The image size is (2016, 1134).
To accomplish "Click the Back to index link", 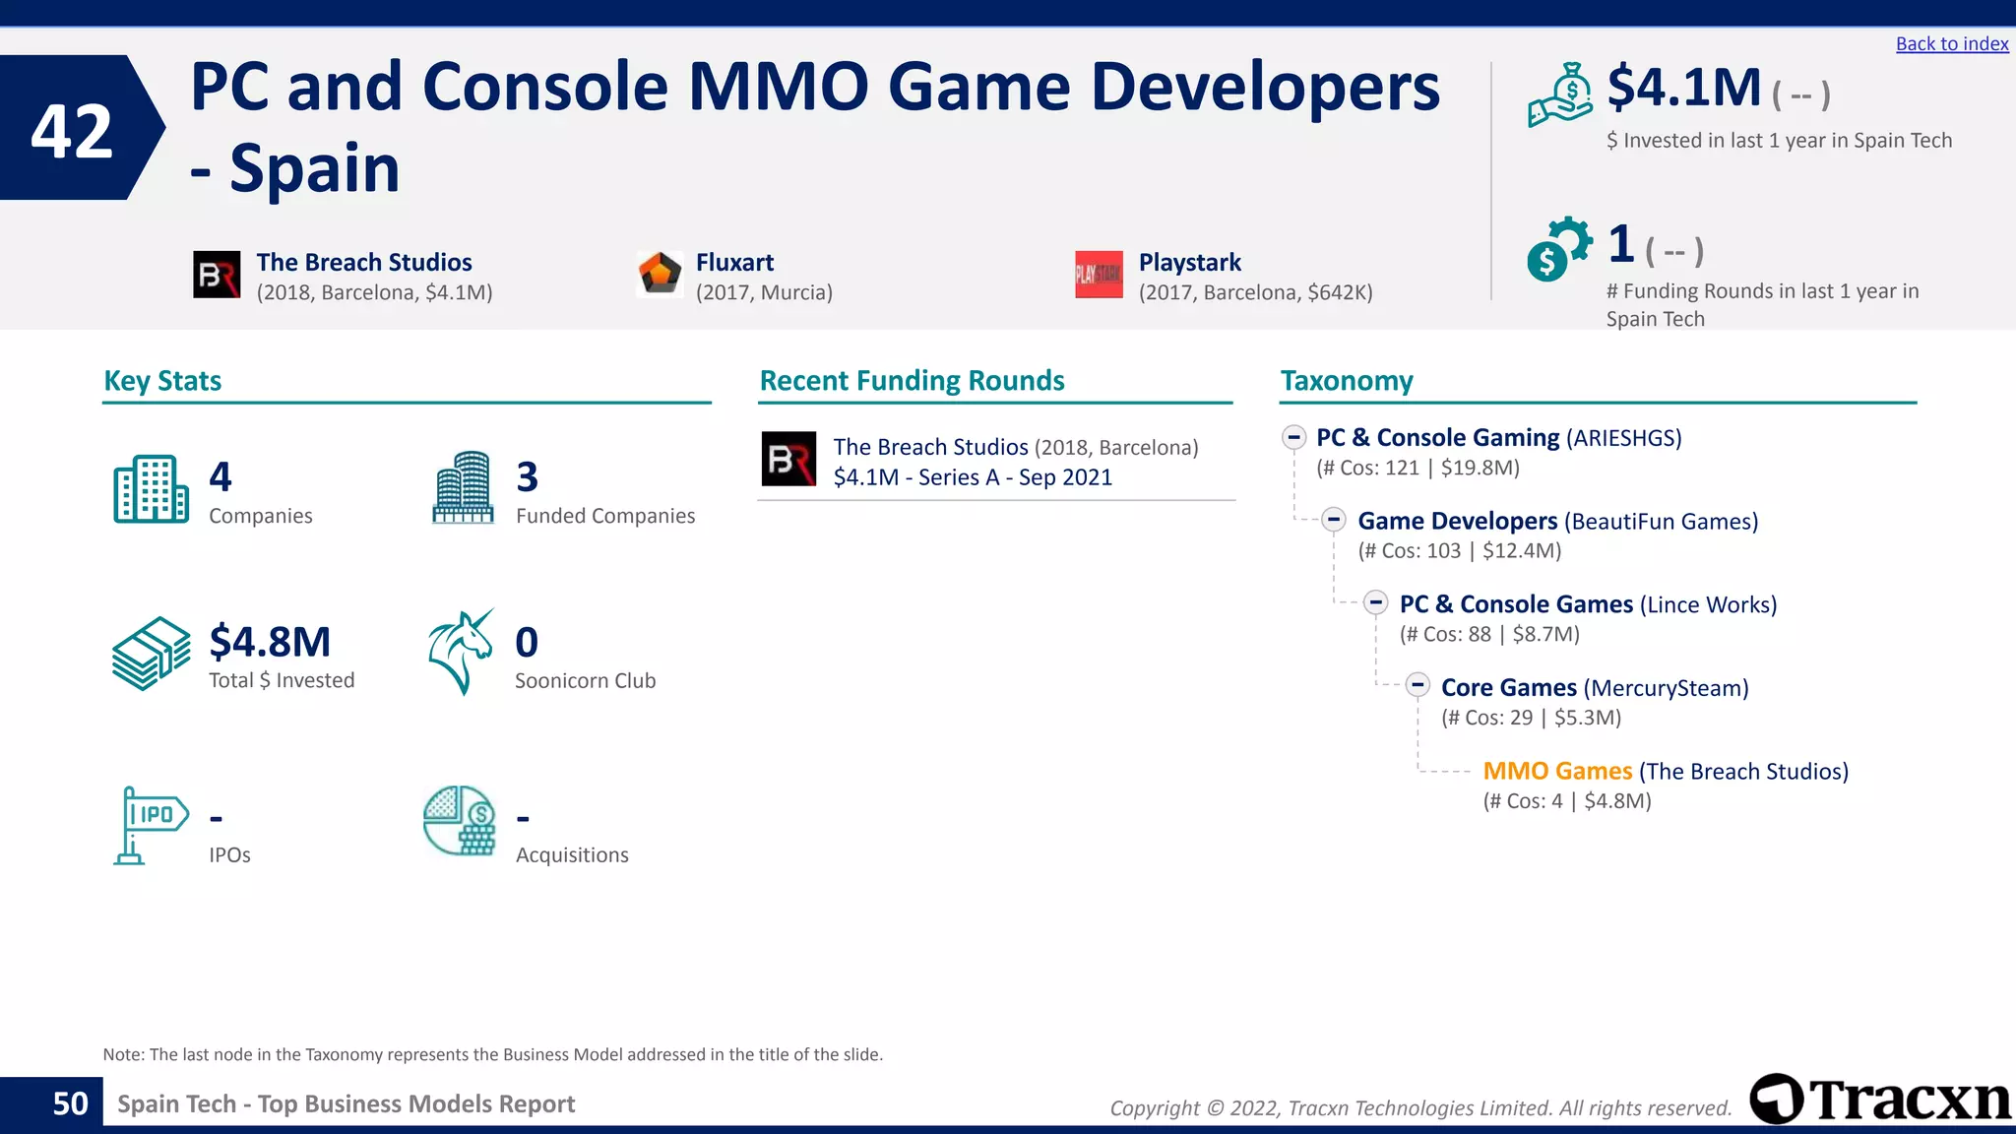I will pos(1951,44).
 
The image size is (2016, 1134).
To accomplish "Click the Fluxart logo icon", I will pos(660,274).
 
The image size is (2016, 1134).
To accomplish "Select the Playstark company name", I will pos(1189,262).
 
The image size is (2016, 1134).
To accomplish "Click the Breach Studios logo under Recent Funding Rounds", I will pos(788,459).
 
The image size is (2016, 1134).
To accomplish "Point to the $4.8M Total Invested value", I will pos(270,642).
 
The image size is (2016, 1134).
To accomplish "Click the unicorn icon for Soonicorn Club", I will pos(461,652).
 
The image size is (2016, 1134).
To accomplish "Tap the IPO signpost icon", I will pos(149,825).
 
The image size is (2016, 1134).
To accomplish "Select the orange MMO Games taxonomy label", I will pos(1557,771).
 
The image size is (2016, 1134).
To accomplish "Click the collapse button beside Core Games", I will pos(1417,685).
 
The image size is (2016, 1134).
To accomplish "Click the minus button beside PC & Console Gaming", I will pos(1293,436).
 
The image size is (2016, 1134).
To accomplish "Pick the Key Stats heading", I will pos(162,381).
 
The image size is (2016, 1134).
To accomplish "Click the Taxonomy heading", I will pos(1346,381).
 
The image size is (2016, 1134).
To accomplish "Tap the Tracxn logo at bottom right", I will pos(1879,1099).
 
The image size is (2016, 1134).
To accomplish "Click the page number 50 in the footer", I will pos(70,1103).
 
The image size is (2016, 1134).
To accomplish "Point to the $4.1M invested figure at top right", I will pos(1683,88).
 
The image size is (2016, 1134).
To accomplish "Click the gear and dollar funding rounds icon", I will pos(1558,248).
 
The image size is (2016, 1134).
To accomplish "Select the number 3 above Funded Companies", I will pos(528,477).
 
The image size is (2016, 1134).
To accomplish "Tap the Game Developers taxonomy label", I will pos(1457,521).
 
